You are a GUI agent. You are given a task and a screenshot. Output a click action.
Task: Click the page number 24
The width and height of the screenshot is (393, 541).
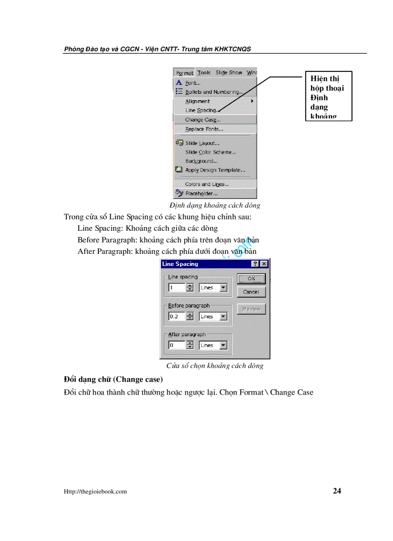(x=337, y=491)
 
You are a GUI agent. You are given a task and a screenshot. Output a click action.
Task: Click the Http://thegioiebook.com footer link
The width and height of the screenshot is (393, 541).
(x=95, y=491)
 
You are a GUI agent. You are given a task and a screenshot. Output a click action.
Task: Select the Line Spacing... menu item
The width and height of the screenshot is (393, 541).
(x=201, y=110)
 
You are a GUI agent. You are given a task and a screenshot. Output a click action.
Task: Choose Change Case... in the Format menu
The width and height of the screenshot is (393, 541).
(x=203, y=119)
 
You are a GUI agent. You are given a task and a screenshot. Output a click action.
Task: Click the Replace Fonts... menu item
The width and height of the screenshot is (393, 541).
(x=204, y=129)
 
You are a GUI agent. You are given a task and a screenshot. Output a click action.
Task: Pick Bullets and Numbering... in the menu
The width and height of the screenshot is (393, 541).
(x=213, y=92)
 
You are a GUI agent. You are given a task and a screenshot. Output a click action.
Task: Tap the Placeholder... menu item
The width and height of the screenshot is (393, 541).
(x=201, y=194)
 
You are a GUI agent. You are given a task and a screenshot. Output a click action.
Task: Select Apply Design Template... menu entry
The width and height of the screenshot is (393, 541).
(x=215, y=170)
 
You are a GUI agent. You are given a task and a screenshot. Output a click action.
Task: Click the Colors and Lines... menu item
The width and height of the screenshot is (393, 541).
(x=207, y=184)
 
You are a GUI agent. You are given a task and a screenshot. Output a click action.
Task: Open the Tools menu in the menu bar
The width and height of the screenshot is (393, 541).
(x=204, y=73)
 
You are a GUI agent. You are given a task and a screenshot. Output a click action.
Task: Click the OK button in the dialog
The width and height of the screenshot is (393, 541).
(x=251, y=278)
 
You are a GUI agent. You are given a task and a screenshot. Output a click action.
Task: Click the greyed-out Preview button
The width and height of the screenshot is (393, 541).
(x=251, y=309)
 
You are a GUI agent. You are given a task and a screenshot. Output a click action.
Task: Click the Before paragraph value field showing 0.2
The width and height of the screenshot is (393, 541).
(x=176, y=317)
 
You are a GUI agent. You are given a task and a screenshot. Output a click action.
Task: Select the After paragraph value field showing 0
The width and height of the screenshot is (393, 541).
(x=176, y=345)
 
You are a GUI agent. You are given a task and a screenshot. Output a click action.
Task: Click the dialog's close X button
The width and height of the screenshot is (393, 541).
(x=263, y=264)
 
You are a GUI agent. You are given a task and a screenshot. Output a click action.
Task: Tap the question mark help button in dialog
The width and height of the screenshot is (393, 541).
(x=255, y=264)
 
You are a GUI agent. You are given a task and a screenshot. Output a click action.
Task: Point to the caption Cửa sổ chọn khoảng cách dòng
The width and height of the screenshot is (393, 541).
(x=215, y=366)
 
